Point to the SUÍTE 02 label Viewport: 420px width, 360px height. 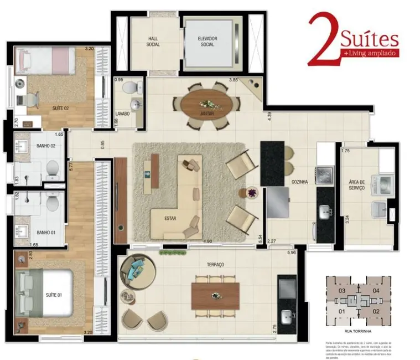pyautogui.click(x=60, y=107)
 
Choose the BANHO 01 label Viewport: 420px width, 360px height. pyautogui.click(x=30, y=232)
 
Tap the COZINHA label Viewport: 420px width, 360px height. pyautogui.click(x=300, y=181)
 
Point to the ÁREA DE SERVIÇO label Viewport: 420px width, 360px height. pyautogui.click(x=357, y=185)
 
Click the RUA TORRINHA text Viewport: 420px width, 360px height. pyautogui.click(x=358, y=331)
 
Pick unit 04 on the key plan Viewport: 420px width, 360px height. pyautogui.click(x=375, y=290)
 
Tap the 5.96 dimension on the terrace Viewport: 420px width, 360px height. pyautogui.click(x=292, y=253)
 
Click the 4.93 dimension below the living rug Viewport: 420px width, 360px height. pyautogui.click(x=208, y=241)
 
